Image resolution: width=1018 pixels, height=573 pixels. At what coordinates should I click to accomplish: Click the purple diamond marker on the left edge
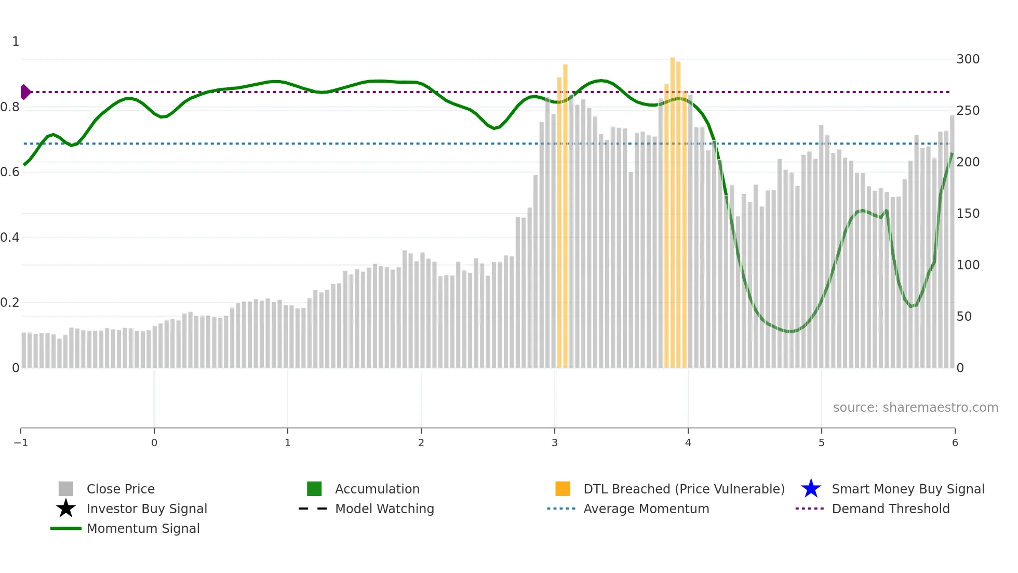tap(25, 92)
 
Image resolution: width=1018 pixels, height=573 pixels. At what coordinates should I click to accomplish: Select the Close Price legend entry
tap(120, 489)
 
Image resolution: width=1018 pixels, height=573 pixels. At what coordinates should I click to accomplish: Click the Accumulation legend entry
tap(377, 489)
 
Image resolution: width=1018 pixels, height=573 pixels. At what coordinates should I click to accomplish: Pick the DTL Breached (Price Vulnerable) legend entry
tap(684, 489)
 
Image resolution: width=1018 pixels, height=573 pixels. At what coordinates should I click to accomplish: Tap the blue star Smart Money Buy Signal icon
tap(811, 489)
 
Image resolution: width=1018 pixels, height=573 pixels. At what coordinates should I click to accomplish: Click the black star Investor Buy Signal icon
tap(66, 509)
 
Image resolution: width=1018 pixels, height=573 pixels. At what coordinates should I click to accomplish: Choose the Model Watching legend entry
tap(384, 509)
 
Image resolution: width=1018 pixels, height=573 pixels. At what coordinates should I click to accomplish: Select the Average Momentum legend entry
tap(646, 509)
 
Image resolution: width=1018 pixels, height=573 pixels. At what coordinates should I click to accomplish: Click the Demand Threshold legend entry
tap(890, 509)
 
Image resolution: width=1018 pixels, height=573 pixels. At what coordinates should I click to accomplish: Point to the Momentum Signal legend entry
tap(143, 528)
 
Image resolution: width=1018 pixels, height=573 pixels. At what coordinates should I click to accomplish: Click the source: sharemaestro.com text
tap(915, 407)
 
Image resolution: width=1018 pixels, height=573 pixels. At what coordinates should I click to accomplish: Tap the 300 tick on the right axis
tap(968, 59)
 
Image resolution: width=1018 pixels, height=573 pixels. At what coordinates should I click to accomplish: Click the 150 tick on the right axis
tap(968, 214)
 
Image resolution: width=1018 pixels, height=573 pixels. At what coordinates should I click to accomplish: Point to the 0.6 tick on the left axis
tap(10, 172)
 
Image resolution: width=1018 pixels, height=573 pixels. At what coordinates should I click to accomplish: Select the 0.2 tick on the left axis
tap(10, 303)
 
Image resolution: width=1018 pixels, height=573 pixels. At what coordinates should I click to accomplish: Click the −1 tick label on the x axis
tap(21, 442)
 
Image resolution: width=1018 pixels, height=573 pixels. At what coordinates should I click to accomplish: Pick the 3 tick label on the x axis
tap(555, 442)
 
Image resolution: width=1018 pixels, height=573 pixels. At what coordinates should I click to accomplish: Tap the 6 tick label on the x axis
tap(955, 442)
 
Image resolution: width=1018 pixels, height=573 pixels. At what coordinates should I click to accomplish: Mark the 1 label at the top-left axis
tap(16, 42)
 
